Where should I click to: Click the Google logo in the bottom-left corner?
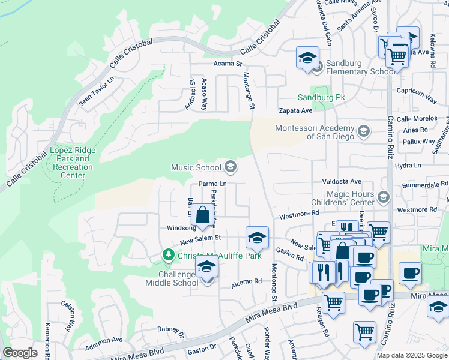pos(20,353)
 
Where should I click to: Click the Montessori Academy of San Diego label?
pos(315,131)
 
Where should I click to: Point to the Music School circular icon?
pos(230,167)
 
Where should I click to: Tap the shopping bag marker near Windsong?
pos(203,215)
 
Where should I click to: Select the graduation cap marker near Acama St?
pos(307,58)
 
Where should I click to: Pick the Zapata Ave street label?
pos(295,110)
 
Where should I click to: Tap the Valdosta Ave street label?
pos(342,181)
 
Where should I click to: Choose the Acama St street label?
pos(227,63)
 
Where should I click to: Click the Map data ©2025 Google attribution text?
pos(412,355)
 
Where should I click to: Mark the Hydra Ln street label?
pos(408,165)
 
